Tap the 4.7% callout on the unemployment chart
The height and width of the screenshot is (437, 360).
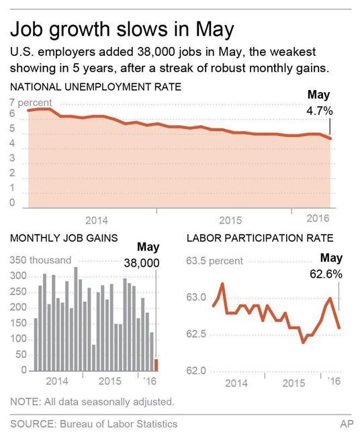point(320,109)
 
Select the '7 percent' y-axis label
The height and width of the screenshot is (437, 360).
point(30,102)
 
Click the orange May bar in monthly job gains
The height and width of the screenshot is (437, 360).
point(156,364)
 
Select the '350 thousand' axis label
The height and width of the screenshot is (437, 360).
point(41,260)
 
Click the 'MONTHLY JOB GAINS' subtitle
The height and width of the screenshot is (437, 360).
point(64,237)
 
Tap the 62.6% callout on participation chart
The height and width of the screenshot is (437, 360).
point(326,274)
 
